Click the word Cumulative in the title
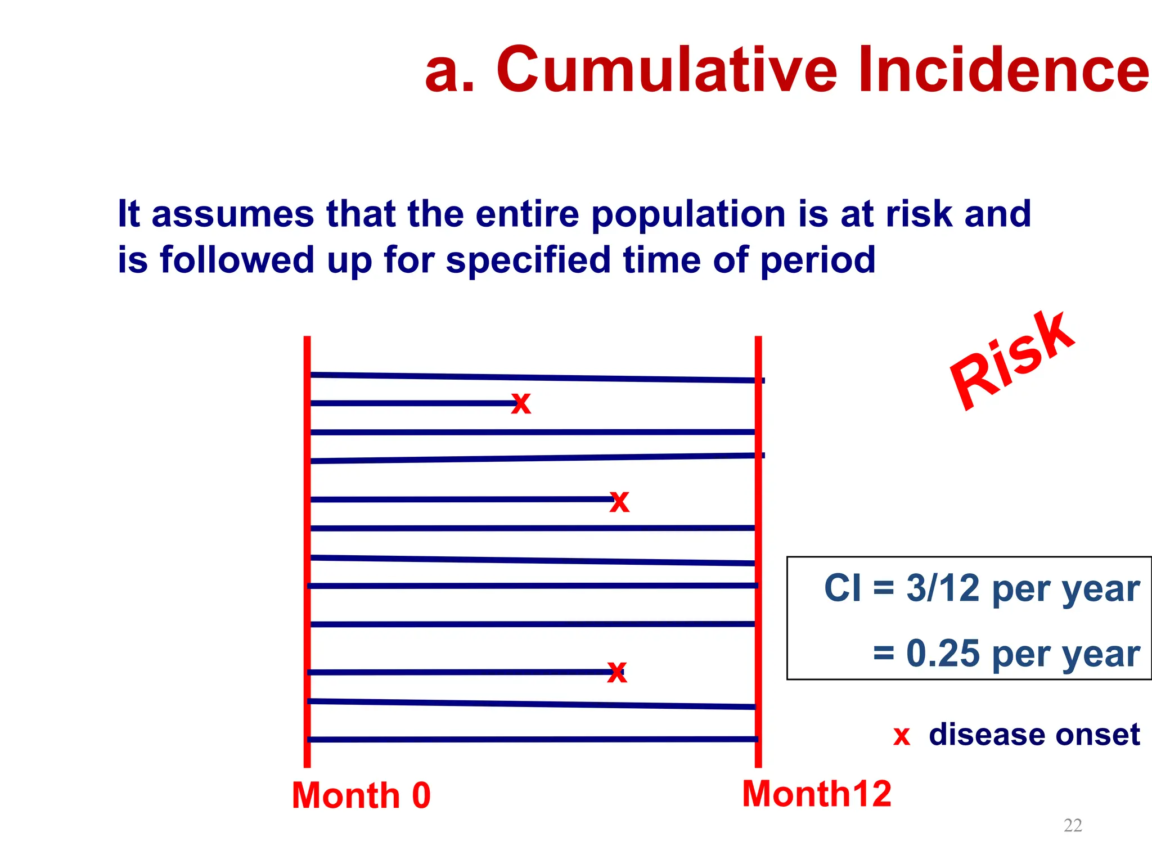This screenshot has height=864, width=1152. [x=667, y=70]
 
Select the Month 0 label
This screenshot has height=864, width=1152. [x=361, y=795]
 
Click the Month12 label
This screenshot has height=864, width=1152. [x=817, y=794]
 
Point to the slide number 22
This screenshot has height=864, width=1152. [x=1073, y=825]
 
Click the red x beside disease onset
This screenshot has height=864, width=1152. [x=902, y=736]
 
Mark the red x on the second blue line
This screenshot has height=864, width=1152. [x=521, y=403]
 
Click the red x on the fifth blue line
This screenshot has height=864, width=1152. [x=619, y=501]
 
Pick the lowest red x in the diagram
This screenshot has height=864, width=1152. [x=617, y=672]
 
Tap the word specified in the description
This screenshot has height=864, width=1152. [x=528, y=260]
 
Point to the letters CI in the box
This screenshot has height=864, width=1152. [x=842, y=588]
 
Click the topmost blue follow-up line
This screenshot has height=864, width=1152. [x=534, y=377]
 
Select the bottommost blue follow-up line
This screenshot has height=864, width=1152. [x=534, y=739]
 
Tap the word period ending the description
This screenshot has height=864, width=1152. [x=817, y=260]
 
